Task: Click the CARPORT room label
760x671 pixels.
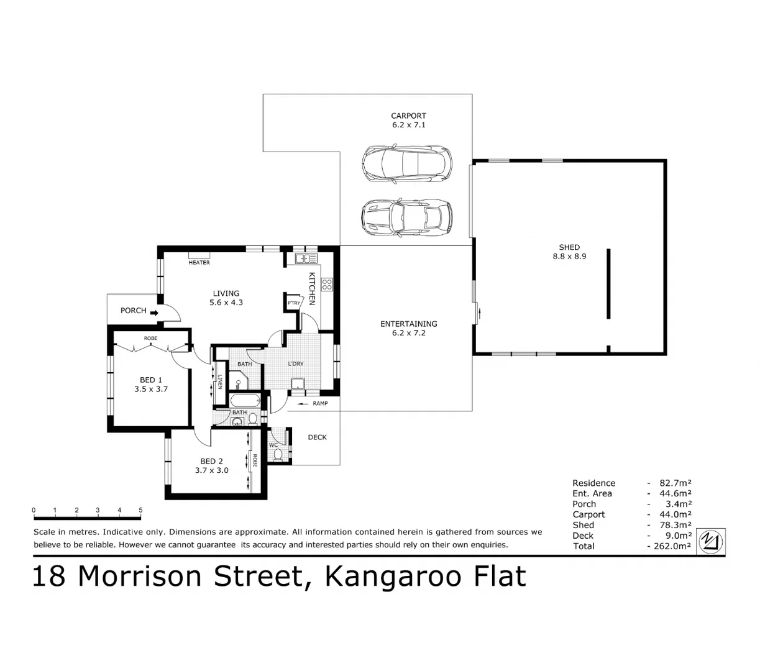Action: click(408, 116)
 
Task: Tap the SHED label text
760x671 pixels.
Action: click(569, 247)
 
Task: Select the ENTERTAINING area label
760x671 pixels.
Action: click(408, 324)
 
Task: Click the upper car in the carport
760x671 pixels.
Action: click(406, 163)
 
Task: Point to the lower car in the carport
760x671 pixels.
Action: click(406, 217)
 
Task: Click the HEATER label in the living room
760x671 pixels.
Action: click(199, 263)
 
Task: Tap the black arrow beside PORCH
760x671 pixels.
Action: click(154, 313)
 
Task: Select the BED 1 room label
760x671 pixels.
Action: click(151, 380)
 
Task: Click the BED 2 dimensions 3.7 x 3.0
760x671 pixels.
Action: click(211, 470)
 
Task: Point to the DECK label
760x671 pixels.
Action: click(317, 437)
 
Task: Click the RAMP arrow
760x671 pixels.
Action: click(303, 404)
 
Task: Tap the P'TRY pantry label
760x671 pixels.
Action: click(293, 303)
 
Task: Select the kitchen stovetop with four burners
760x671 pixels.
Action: click(327, 285)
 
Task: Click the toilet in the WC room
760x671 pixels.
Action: click(278, 455)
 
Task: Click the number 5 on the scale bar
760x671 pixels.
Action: click(140, 511)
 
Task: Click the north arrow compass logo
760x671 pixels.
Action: click(711, 541)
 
